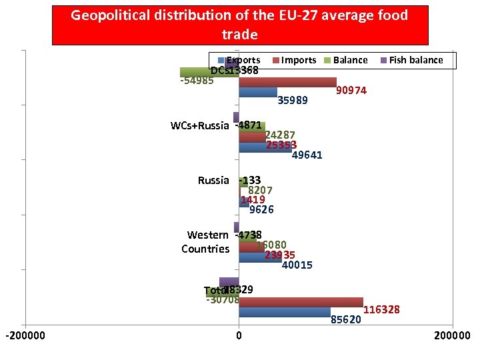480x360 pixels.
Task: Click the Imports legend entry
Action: click(x=298, y=60)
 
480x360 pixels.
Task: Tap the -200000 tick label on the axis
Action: click(x=25, y=335)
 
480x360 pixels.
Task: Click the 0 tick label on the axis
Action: click(x=239, y=335)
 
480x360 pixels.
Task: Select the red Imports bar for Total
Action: click(x=301, y=302)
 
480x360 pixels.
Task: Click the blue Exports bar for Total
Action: click(x=285, y=312)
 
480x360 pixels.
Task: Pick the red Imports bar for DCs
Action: click(x=287, y=83)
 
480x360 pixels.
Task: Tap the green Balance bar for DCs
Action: click(x=209, y=73)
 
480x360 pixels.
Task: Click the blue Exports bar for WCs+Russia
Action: click(x=265, y=147)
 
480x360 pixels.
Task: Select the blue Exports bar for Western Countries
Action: click(x=260, y=257)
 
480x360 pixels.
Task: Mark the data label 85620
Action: click(x=346, y=319)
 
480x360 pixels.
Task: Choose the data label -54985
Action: click(x=197, y=81)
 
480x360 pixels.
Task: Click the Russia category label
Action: click(x=213, y=180)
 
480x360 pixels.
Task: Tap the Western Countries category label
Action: click(x=207, y=241)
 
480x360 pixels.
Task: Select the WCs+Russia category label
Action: click(x=199, y=125)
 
